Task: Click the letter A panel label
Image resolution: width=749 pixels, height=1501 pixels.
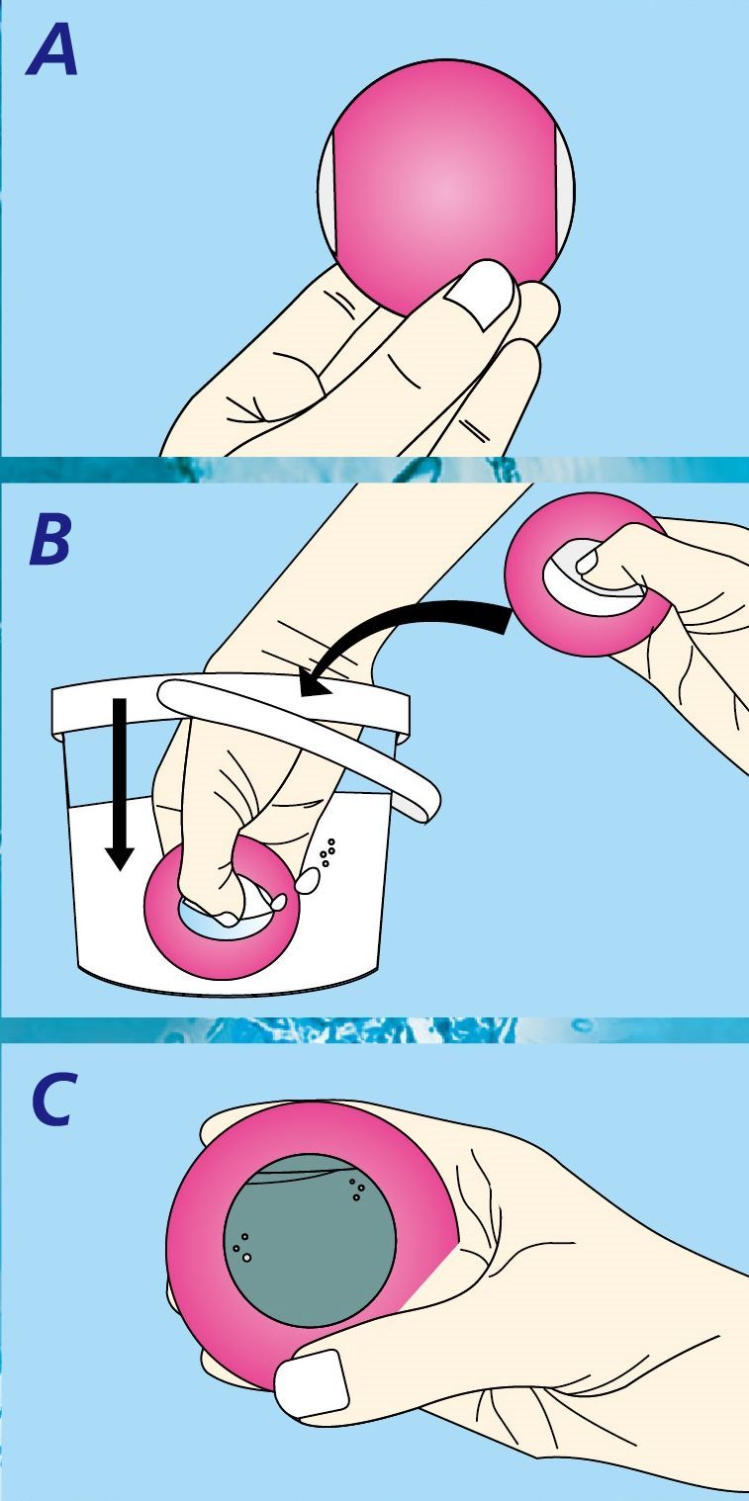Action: coord(51,52)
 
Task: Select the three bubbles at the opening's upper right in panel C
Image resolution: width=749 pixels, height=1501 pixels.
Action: coord(357,1190)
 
